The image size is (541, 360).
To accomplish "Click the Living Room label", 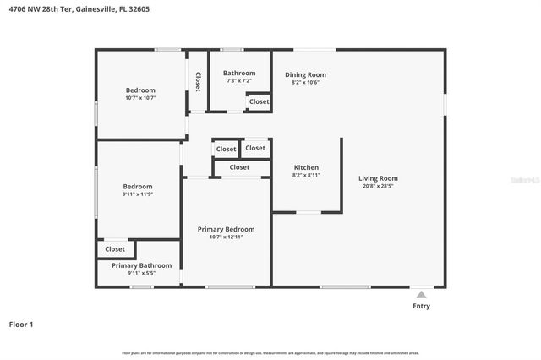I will click(378, 178).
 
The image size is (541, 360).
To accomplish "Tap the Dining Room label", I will click(305, 74).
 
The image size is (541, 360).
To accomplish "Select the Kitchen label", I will click(306, 167).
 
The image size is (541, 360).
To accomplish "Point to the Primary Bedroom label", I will click(226, 229).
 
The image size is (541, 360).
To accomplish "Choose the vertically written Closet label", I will click(198, 81).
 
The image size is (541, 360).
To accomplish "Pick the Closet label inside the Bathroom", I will click(259, 101).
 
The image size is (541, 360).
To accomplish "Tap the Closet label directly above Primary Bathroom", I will click(115, 249).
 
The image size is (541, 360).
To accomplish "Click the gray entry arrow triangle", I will click(421, 294).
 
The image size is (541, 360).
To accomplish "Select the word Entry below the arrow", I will click(421, 306).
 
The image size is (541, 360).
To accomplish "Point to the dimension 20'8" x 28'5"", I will click(377, 186).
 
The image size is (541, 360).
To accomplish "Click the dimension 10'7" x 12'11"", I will click(226, 237).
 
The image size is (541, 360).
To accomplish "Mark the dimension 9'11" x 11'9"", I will click(138, 194).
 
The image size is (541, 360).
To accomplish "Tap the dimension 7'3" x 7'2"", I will click(239, 81).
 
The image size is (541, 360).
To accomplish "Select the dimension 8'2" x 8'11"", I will click(306, 175).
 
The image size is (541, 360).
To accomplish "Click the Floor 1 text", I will click(21, 324).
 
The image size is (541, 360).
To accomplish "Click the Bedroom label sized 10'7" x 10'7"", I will click(140, 90).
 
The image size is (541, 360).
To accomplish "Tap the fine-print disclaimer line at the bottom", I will click(270, 353).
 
